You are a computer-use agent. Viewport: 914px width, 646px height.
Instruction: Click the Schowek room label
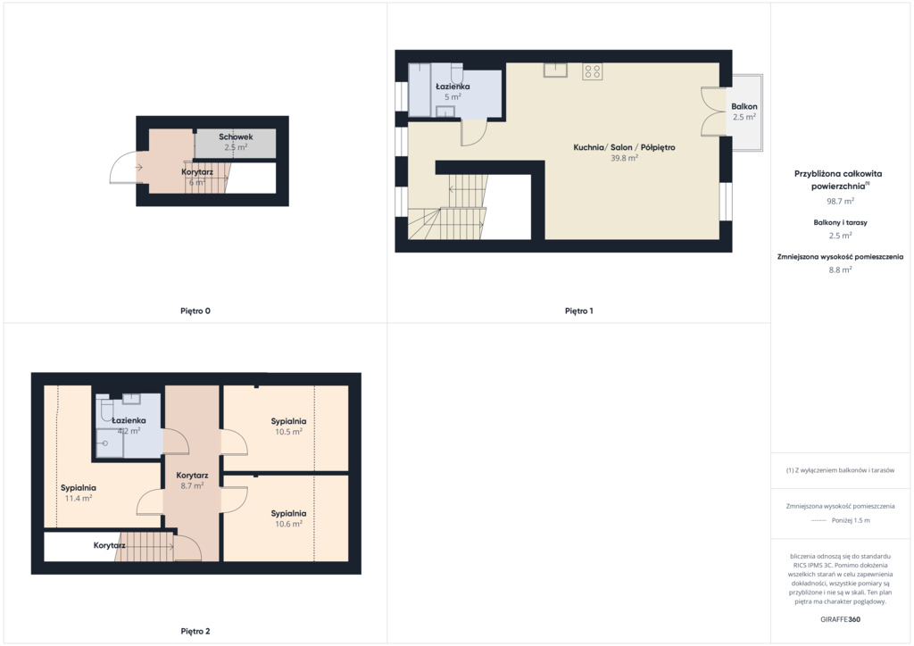pos(236,137)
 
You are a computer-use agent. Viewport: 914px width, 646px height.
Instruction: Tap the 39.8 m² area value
pos(624,158)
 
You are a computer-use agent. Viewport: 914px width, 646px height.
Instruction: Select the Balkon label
pos(744,106)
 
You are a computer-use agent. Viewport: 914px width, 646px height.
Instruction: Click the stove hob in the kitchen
pos(593,71)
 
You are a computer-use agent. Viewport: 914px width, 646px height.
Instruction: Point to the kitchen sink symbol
pos(555,70)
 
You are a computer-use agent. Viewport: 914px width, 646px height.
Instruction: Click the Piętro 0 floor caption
pos(195,311)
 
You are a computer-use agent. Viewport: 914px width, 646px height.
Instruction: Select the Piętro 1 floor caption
pos(578,311)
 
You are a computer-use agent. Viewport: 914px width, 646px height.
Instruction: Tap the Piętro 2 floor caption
pos(195,632)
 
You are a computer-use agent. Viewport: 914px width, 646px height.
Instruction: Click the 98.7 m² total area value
pos(840,201)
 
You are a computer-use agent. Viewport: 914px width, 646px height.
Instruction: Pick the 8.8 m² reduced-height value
pos(840,269)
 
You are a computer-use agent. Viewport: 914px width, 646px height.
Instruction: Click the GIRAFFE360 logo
pos(840,619)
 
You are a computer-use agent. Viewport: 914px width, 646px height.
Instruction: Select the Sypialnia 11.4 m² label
pos(79,493)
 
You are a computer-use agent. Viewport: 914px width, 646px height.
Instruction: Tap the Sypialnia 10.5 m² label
pos(288,427)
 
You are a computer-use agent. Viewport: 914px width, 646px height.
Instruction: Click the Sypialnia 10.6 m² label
pos(288,518)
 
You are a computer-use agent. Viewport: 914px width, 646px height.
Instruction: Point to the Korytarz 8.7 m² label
pos(192,481)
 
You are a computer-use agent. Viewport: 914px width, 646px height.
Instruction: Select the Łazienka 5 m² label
pos(453,91)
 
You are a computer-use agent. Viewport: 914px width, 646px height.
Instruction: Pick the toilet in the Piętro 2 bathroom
pos(105,410)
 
